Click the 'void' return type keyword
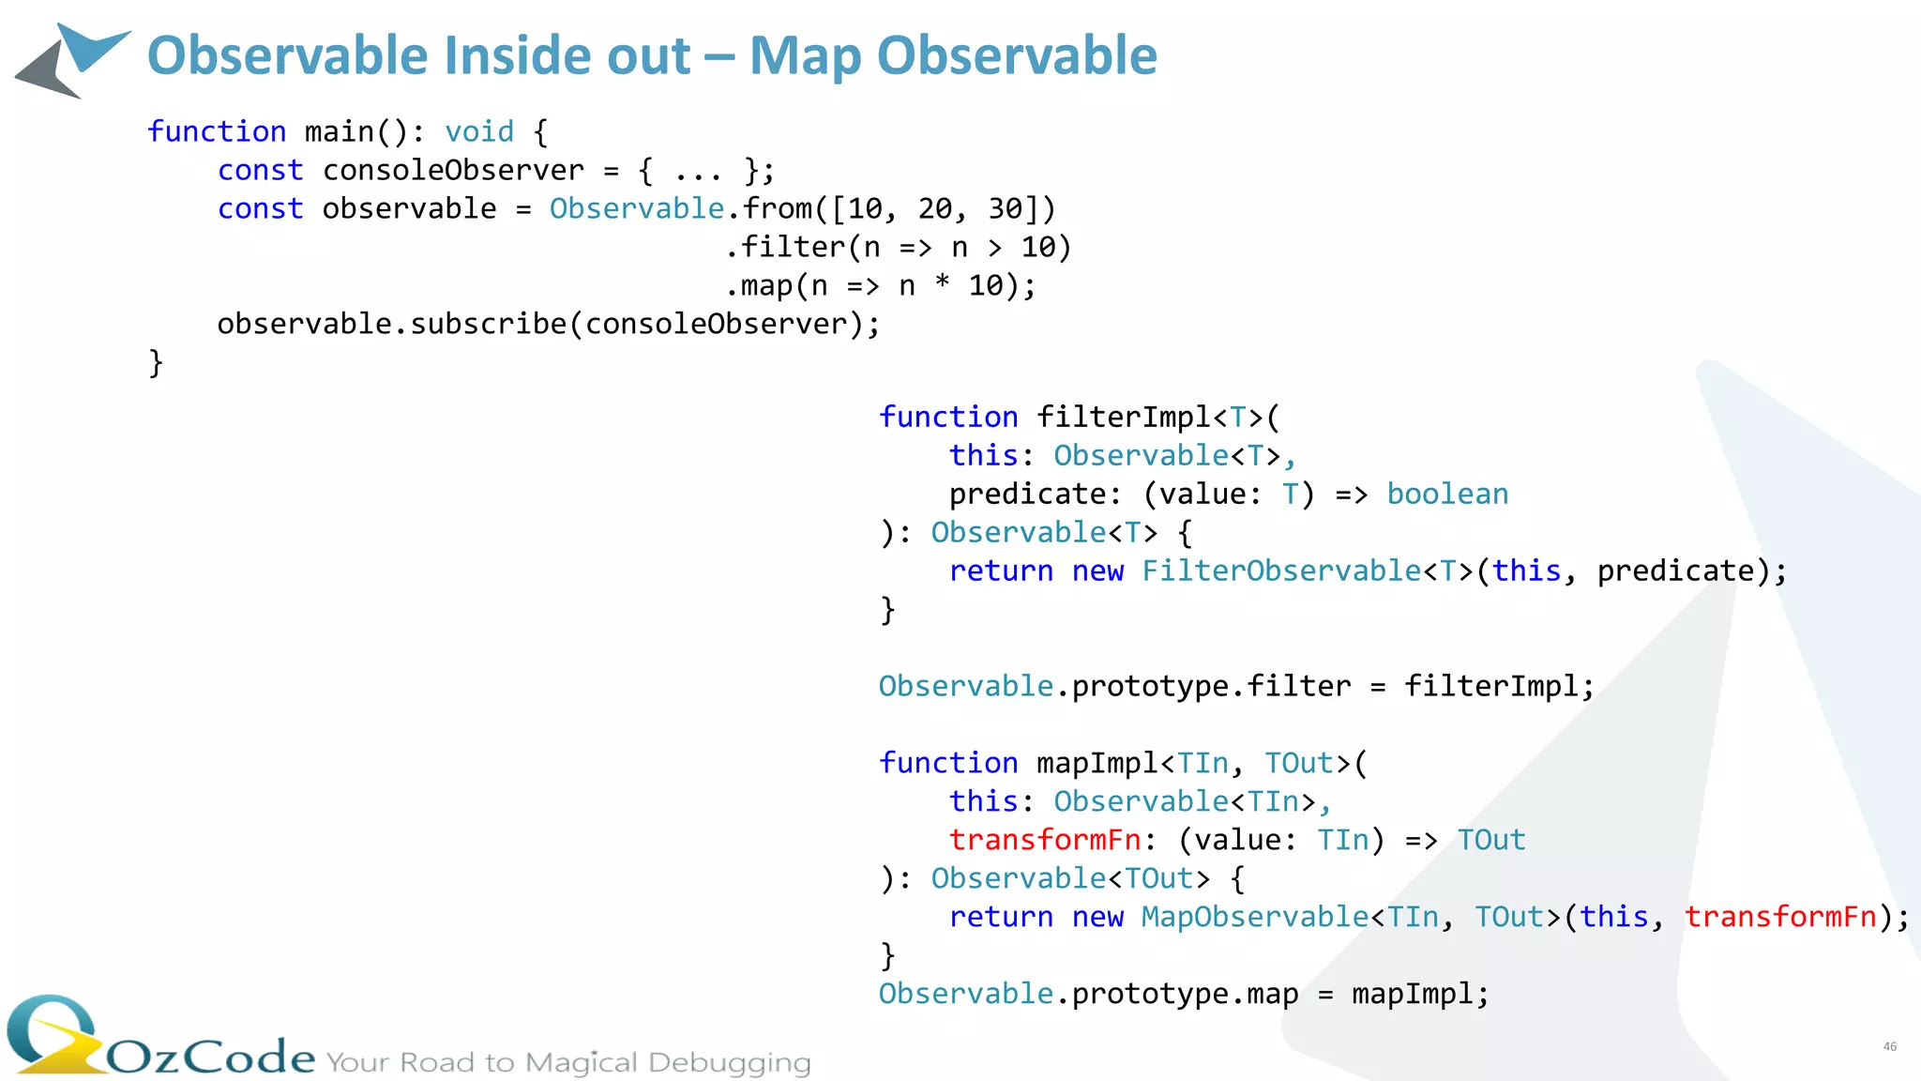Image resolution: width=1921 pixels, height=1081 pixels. pos(478,131)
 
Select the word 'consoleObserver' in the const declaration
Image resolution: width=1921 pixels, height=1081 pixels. pos(453,170)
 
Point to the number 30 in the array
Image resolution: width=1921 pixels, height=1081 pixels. pos(1006,208)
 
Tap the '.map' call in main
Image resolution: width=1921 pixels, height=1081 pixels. pos(761,285)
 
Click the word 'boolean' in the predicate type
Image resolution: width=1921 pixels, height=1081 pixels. pos(1447,494)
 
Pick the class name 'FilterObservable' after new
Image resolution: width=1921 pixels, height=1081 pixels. pos(1281,571)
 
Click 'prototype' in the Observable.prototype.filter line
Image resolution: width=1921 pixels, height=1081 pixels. pos(1150,686)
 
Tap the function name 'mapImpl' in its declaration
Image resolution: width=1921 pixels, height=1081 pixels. pos(1097,763)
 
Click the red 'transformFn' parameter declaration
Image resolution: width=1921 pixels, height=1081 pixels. pos(1045,840)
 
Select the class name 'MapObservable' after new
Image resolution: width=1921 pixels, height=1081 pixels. pos(1255,917)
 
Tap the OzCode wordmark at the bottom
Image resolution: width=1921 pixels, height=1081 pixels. pos(210,1058)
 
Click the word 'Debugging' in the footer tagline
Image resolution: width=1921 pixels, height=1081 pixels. pos(729,1062)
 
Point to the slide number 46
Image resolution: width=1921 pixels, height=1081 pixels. pos(1889,1046)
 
